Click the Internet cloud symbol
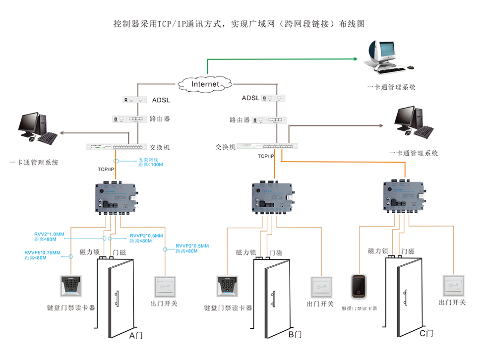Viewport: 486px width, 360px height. coord(205,84)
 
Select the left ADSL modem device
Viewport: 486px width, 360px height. coord(135,100)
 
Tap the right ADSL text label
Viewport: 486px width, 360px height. coord(250,98)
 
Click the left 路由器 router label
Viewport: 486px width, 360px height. coord(160,119)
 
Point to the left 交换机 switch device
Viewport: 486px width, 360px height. coord(118,147)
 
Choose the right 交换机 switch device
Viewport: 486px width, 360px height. coord(268,146)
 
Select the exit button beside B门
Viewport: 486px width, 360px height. coord(321,287)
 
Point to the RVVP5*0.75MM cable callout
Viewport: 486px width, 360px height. coord(42,255)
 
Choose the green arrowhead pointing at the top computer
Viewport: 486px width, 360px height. coord(355,59)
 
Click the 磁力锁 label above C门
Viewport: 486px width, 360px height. coord(377,251)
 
